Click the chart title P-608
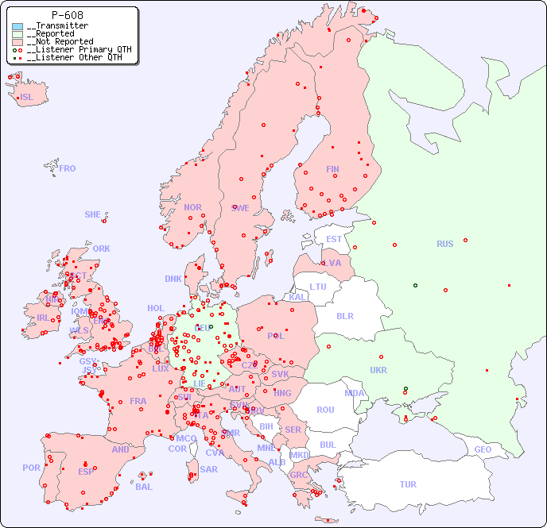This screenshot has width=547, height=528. (x=68, y=15)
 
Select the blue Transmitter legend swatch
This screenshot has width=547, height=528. (x=17, y=26)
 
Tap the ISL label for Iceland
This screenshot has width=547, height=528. (x=27, y=98)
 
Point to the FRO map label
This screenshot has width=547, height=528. (x=68, y=168)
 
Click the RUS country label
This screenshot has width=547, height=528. (x=444, y=244)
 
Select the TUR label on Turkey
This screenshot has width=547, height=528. (x=408, y=484)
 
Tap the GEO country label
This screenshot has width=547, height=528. (x=483, y=449)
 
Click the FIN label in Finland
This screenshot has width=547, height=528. (x=332, y=169)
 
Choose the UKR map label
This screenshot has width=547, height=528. (x=378, y=370)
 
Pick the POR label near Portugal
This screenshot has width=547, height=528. (x=31, y=468)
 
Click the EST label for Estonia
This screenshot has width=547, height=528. (x=334, y=239)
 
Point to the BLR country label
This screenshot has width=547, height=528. (x=345, y=315)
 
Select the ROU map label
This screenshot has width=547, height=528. (x=325, y=410)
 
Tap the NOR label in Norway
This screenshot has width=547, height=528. (x=192, y=207)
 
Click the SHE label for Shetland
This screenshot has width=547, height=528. (x=93, y=214)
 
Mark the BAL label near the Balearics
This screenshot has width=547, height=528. (x=144, y=487)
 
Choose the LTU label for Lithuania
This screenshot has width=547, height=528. (x=318, y=287)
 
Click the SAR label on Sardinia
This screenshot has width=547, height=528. (x=208, y=469)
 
